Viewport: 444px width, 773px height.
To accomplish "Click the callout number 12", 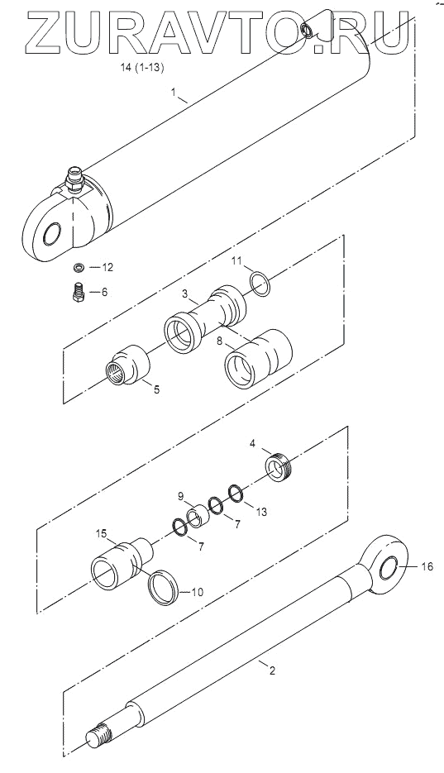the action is click(x=107, y=267).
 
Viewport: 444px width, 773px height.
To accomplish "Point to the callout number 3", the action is click(x=184, y=294).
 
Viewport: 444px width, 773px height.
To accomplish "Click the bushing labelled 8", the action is click(x=258, y=356).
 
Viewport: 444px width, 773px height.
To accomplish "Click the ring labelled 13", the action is click(x=236, y=494).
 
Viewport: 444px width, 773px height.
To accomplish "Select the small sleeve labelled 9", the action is click(x=198, y=516).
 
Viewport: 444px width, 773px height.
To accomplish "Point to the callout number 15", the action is click(x=102, y=533).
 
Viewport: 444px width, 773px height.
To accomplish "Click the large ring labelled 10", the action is click(x=164, y=587).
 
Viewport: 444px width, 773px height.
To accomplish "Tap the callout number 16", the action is click(x=427, y=567).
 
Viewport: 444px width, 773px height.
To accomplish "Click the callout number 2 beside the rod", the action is click(x=271, y=670).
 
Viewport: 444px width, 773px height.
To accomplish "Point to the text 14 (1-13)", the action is click(x=142, y=69).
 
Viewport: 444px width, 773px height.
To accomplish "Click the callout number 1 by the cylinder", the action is click(x=173, y=91).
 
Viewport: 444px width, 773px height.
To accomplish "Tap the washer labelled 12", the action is click(x=78, y=267).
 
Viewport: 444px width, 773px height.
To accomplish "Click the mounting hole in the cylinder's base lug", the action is click(x=55, y=232).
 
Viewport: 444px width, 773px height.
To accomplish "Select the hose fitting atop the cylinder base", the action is click(x=73, y=178).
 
